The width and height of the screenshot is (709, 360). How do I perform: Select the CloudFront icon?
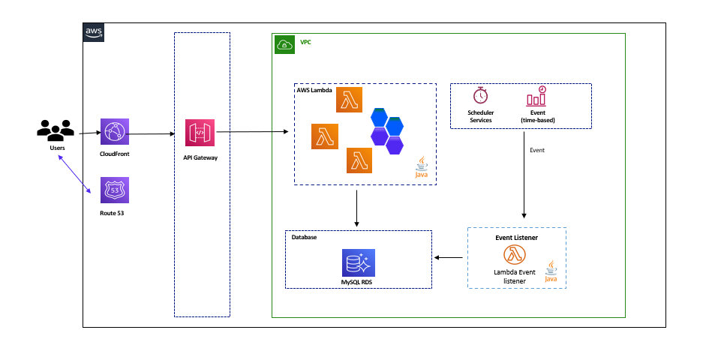pos(114,133)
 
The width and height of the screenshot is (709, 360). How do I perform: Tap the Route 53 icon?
pos(114,190)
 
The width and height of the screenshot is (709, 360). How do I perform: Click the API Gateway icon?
pos(200,133)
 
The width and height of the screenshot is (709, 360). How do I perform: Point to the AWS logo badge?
pos(94,31)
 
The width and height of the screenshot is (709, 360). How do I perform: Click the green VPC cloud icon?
pos(285,44)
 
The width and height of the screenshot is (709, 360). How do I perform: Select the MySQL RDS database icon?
pos(356,263)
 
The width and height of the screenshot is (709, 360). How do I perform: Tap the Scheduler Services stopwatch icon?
pos(480,96)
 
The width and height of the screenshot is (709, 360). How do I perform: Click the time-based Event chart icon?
pos(536,96)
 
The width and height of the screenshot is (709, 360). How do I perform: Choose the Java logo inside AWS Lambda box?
pos(422,167)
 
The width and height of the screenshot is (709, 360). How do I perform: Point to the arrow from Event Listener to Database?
pos(449,258)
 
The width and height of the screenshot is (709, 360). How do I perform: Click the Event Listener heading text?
pos(516,237)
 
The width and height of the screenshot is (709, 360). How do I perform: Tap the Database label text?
pos(304,237)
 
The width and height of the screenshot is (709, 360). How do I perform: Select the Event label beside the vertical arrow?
pos(537,150)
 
